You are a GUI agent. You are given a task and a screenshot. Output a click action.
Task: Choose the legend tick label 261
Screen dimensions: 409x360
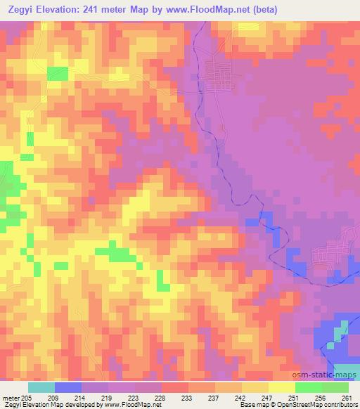tap(346, 396)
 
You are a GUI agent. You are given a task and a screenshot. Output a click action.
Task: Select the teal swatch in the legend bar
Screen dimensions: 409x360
tap(41, 387)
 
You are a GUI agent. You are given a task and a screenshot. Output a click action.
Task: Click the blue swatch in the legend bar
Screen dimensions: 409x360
tap(68, 387)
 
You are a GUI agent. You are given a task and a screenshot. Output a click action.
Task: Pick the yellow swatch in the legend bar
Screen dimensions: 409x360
tap(281, 387)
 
